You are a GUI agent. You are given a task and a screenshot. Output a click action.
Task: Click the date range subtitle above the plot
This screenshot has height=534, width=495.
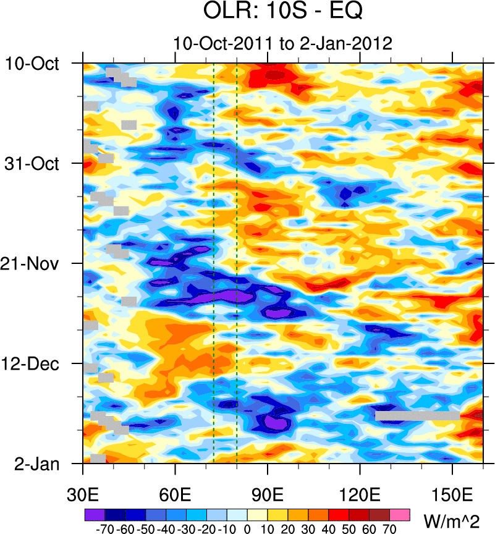(284, 43)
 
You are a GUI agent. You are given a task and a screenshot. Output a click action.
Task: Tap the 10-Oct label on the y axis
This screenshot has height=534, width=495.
(33, 63)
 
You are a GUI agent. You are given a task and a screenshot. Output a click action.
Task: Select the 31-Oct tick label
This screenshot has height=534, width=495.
(33, 164)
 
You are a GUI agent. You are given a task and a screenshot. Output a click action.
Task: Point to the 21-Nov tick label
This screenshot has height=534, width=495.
(33, 264)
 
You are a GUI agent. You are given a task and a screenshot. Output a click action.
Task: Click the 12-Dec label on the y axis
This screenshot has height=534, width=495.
(33, 363)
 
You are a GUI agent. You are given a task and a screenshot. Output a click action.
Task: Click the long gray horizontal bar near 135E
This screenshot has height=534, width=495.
(417, 416)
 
